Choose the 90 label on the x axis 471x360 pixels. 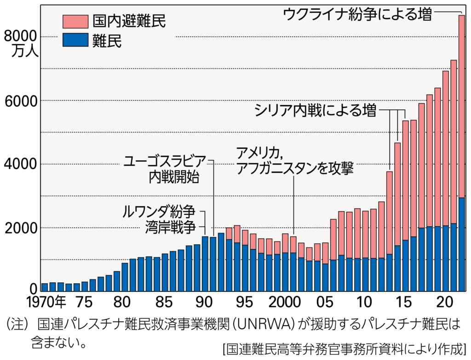[x=205, y=303]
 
